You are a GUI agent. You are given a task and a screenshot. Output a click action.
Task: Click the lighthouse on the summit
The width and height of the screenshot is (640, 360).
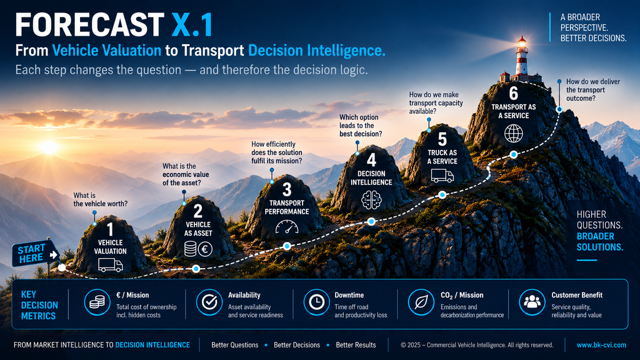pos(521,59)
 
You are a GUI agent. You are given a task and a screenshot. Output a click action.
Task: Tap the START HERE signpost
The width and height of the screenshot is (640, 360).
pos(36,254)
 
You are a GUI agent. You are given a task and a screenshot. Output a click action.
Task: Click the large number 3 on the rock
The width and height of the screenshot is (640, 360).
pos(287,190)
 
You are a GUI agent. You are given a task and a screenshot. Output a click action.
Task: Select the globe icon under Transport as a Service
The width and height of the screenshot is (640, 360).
pos(514,133)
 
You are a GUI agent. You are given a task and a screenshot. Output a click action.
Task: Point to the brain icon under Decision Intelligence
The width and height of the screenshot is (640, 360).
pos(371,201)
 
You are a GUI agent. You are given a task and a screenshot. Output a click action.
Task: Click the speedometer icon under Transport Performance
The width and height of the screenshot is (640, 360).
pos(287,227)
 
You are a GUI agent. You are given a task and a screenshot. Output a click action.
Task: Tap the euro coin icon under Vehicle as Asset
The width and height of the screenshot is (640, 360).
pos(205,249)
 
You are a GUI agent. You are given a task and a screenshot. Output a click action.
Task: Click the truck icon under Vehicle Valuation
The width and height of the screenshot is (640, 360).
pos(110,265)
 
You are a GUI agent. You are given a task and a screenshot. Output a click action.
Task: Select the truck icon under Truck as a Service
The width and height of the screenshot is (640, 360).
pos(442,176)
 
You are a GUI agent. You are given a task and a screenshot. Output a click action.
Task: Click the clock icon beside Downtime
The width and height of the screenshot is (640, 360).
pos(316,302)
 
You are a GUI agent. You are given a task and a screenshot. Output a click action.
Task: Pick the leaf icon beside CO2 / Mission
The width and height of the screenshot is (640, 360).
pos(421,302)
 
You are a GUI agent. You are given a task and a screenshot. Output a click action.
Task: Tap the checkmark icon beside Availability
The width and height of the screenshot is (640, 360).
pos(209,302)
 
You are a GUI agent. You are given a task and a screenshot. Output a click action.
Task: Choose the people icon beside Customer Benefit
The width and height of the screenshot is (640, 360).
pos(532,302)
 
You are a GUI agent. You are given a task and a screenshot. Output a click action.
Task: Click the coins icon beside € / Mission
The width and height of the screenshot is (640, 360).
pos(97,302)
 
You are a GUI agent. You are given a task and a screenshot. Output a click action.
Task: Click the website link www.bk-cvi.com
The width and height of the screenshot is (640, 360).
pos(601,345)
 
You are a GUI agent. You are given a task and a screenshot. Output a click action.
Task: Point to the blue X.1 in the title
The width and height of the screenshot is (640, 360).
pos(192,25)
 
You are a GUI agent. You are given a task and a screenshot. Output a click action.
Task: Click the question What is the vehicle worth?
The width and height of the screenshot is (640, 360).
pos(101,199)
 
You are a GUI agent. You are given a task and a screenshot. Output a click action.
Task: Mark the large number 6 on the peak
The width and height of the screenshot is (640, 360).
pos(514,94)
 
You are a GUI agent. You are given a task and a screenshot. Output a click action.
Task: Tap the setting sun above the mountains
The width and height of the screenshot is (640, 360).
pos(49,147)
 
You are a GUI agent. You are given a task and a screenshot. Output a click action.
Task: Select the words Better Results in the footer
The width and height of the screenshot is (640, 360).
pos(356,345)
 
